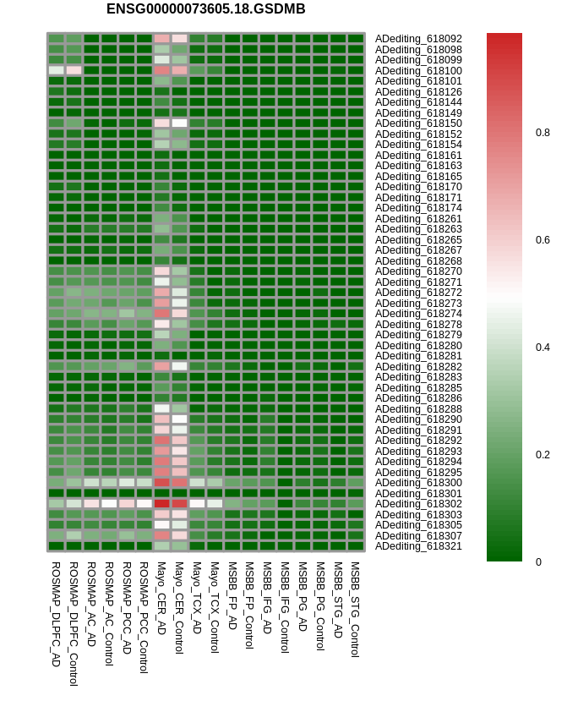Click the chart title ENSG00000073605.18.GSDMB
click(x=205, y=9)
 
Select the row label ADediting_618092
click(x=418, y=39)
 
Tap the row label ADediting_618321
click(x=418, y=546)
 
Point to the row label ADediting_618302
click(x=418, y=504)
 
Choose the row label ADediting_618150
click(x=418, y=123)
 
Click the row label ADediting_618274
click(x=418, y=314)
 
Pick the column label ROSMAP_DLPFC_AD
click(x=56, y=614)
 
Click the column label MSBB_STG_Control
click(x=355, y=609)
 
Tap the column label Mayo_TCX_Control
click(x=215, y=607)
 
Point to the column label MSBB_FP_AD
click(x=232, y=595)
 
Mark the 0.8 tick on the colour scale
click(x=543, y=133)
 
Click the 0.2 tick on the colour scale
click(x=543, y=455)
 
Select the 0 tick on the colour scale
click(x=537, y=561)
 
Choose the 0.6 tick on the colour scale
click(x=543, y=240)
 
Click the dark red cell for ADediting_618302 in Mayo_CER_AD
click(x=161, y=504)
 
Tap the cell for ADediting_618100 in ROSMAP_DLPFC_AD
click(x=56, y=70)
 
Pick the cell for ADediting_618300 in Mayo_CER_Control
click(x=179, y=483)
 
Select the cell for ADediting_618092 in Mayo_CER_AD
click(x=161, y=39)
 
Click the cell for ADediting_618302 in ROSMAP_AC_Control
click(x=109, y=504)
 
